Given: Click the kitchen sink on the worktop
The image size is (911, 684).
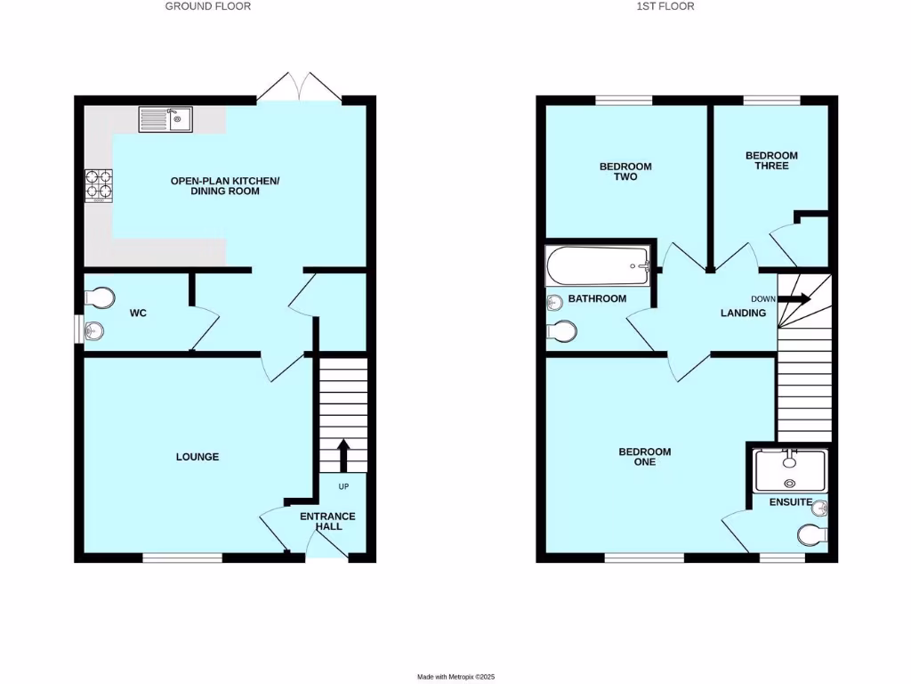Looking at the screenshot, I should point(165,118).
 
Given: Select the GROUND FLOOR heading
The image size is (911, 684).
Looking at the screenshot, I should point(208,6).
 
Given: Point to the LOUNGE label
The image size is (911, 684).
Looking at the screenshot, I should point(198,457).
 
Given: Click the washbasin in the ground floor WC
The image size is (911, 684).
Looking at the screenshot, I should point(93,332).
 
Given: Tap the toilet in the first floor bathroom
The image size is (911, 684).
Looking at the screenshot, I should point(561,331).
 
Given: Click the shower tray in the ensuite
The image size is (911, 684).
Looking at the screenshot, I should point(790,470).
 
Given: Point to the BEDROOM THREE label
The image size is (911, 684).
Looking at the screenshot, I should point(771,160).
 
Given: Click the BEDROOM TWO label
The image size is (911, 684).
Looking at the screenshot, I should point(625,172).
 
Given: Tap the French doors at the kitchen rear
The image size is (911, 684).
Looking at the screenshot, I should point(301,87).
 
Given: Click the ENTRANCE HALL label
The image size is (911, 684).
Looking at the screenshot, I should point(327,521).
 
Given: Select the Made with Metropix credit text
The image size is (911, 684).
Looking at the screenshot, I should point(455,677).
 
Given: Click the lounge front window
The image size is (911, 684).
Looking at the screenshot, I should point(182,558).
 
